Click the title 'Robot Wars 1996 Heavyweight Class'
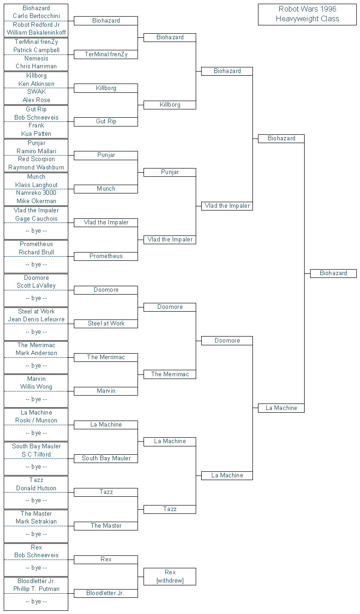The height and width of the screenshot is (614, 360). pos(307,14)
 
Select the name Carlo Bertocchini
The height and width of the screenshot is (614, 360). pos(36,16)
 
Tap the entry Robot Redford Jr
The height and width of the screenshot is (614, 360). pos(36,24)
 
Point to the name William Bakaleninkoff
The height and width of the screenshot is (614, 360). pos(36,33)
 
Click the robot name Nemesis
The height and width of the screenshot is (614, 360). pos(36,58)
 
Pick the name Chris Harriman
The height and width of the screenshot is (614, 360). pos(36,66)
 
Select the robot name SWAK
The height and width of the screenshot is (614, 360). pos(36,92)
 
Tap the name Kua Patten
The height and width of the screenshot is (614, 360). pos(36,134)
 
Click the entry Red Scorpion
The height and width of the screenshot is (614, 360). pos(36,159)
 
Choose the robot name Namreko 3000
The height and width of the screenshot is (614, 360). pos(36,193)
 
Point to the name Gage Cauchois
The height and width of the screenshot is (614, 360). pos(36,219)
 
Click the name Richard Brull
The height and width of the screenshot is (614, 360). pos(36,253)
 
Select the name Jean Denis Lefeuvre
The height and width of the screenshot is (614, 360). pos(36,319)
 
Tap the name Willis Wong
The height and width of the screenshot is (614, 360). pos(36,387)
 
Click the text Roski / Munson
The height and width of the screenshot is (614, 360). pos(36,421)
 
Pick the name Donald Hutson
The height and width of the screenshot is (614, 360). pos(36,488)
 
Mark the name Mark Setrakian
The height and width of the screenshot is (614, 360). pos(36,522)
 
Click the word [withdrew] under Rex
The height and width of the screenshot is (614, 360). pos(170,581)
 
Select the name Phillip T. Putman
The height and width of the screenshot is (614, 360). pos(36,589)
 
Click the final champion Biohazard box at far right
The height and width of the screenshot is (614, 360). pos(333,273)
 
